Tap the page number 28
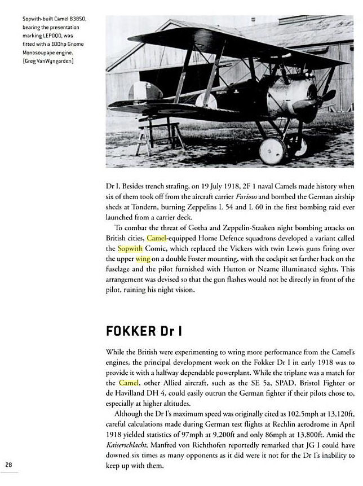pyautogui.click(x=9, y=463)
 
